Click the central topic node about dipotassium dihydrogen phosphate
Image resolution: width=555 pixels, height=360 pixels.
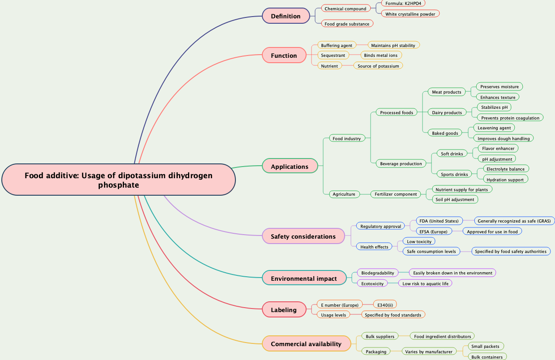click(119, 180)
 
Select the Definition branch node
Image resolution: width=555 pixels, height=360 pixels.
click(286, 16)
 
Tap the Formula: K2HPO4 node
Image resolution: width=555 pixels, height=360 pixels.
click(403, 3)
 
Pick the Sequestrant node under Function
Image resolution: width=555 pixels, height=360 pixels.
click(333, 55)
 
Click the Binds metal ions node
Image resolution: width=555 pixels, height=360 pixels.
click(380, 55)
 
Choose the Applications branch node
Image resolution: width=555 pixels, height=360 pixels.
click(290, 167)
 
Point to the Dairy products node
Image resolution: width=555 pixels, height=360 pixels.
click(447, 112)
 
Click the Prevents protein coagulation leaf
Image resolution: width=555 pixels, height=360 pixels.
click(510, 118)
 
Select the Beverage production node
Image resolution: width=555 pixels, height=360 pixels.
click(401, 163)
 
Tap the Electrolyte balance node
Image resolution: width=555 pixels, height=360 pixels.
click(505, 169)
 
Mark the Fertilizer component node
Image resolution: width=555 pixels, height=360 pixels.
click(396, 194)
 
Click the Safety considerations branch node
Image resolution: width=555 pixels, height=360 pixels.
click(303, 236)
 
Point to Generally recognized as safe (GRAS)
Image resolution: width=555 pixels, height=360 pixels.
click(514, 221)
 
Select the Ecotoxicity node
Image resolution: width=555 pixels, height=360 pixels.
click(372, 283)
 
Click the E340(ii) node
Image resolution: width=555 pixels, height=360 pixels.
click(385, 305)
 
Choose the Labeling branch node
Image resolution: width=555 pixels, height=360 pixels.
click(284, 310)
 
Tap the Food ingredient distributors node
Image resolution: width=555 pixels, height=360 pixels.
click(443, 336)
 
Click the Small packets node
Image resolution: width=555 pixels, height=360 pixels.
click(485, 346)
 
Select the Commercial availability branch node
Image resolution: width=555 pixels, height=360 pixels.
click(306, 344)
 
